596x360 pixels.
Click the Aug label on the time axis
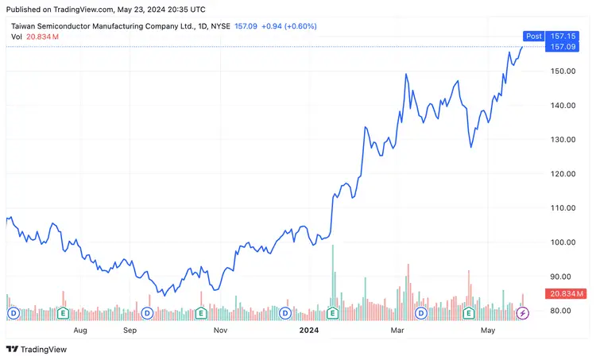pos(79,329)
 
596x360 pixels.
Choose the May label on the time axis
pos(488,329)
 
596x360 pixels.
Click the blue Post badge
pos(533,36)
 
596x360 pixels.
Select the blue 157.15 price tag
pos(563,36)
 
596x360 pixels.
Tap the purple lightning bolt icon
pos(522,314)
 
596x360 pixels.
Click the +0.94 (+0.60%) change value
pos(290,26)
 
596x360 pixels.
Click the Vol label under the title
pos(17,37)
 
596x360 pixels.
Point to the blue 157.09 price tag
pos(563,47)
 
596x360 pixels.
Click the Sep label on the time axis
pos(130,329)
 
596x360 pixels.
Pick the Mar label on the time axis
pos(398,329)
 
